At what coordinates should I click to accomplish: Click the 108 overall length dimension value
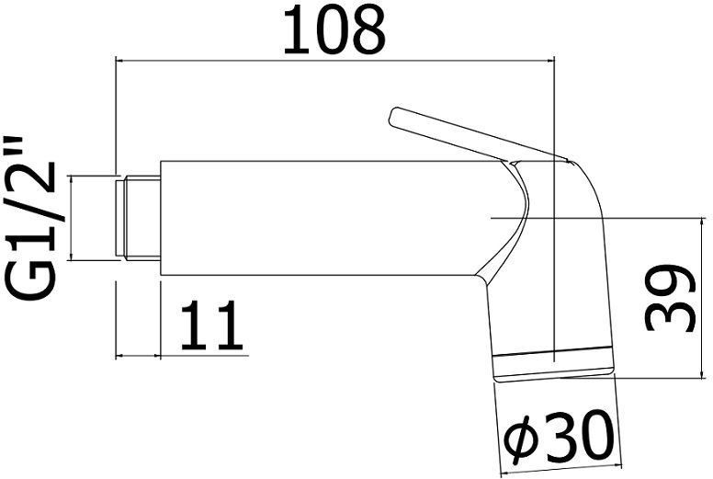tap(334, 30)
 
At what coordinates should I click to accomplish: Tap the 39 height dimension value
tap(668, 298)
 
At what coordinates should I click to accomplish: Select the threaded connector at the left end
tap(138, 217)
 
